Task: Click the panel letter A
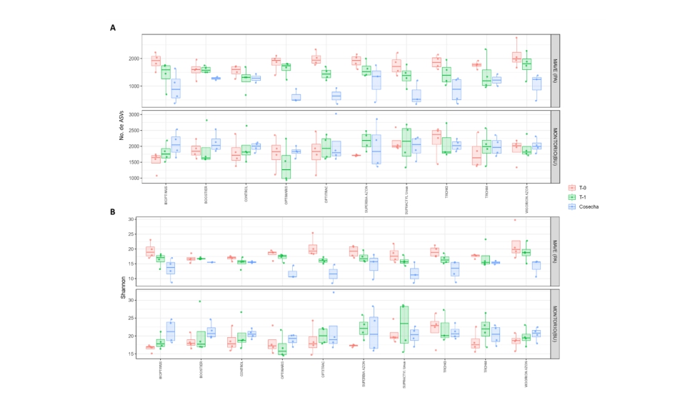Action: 113,27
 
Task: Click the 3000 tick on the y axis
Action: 133,114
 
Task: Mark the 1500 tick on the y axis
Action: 133,162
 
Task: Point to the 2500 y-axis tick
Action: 133,130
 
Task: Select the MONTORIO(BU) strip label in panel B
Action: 555,323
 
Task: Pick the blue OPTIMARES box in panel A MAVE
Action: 296,97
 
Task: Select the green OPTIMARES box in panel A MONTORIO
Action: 286,166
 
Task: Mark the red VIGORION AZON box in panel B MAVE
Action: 516,246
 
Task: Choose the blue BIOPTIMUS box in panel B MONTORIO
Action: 170,331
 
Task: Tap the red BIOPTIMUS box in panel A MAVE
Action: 156,61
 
